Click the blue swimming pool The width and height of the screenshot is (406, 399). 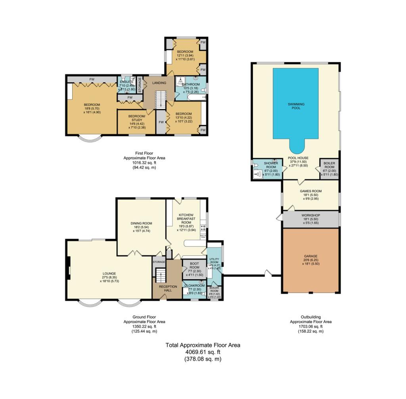[x=295, y=105]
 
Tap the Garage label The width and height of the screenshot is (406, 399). [x=311, y=256]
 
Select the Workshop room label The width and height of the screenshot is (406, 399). [x=311, y=215]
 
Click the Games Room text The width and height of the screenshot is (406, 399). [x=311, y=191]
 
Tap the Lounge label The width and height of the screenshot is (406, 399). [x=108, y=273]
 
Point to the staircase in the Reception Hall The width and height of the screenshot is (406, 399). [x=160, y=275]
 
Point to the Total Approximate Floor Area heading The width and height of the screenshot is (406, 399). [x=203, y=345]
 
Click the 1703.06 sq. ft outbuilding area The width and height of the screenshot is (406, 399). [x=310, y=326]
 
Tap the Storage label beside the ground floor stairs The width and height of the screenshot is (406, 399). [x=159, y=262]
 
